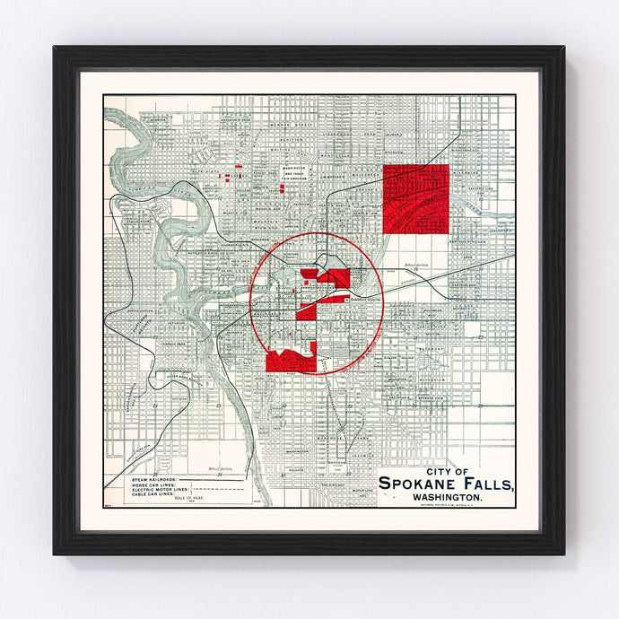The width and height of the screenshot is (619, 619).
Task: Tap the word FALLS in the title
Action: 488,484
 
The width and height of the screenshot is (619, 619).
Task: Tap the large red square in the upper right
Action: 415,198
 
